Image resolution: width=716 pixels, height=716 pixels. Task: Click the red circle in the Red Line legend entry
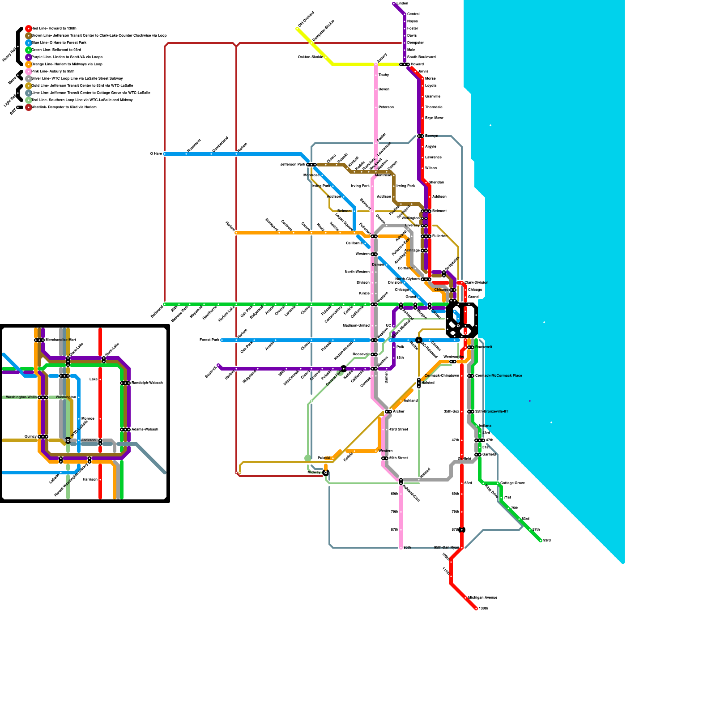tap(29, 29)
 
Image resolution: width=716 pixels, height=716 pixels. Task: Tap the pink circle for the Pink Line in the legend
tap(29, 72)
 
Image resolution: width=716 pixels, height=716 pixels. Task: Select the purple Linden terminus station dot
tap(394, 4)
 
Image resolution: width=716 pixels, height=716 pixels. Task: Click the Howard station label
tap(417, 64)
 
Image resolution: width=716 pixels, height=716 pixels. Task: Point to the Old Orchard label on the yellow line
tap(306, 19)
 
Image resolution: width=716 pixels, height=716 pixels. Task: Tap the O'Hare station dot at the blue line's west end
tap(165, 154)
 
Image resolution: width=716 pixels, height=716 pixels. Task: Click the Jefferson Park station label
tap(293, 165)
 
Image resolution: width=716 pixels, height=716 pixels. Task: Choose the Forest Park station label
tap(209, 340)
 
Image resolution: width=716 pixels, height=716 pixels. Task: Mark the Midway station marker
tap(326, 473)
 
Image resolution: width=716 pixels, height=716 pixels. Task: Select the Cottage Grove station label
tap(512, 483)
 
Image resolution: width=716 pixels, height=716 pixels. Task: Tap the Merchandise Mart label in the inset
tap(60, 340)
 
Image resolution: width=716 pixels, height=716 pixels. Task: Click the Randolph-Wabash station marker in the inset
tap(125, 383)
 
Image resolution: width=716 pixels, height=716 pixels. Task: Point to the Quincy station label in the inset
tap(30, 437)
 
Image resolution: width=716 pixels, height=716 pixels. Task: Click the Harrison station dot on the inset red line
tap(100, 480)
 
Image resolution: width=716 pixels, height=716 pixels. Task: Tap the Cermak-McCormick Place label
tap(498, 376)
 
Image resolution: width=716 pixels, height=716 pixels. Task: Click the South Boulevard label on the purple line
tap(421, 57)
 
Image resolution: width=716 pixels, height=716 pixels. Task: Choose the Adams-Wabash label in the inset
tap(145, 430)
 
